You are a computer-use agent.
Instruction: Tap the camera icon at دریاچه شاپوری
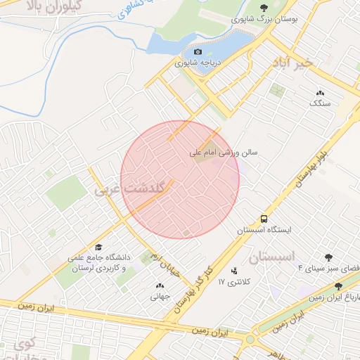coord(198,52)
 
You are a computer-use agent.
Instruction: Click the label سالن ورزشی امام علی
coord(223,152)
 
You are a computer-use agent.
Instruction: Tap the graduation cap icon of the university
coord(99,247)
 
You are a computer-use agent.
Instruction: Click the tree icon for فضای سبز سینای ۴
coord(328,257)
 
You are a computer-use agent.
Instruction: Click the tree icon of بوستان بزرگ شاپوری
coord(264,8)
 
